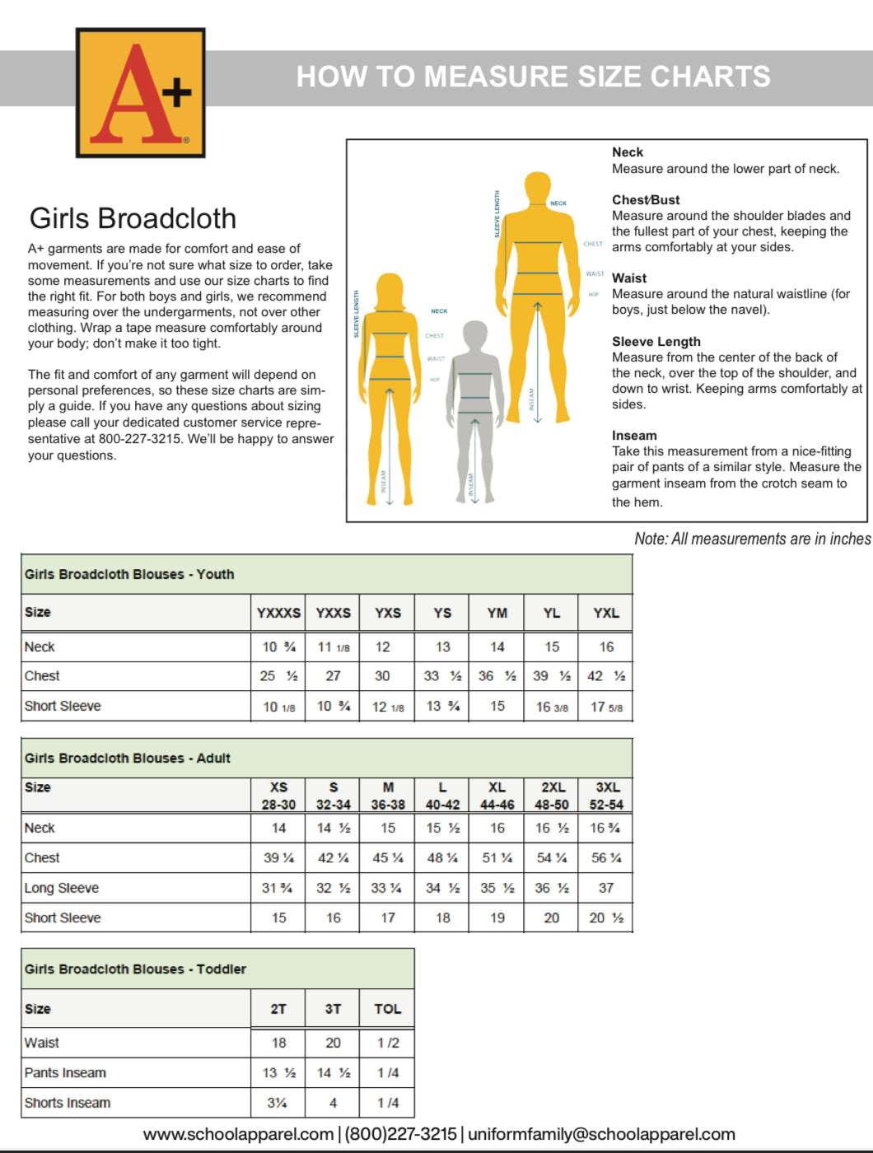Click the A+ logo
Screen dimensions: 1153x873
pyautogui.click(x=140, y=92)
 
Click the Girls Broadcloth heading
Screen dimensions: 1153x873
pyautogui.click(x=133, y=218)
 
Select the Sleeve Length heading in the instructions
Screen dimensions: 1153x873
pyautogui.click(x=656, y=342)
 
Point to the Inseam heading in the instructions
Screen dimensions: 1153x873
pyautogui.click(x=634, y=436)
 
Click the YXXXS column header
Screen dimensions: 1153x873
pyautogui.click(x=278, y=613)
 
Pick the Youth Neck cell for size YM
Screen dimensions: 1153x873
pyautogui.click(x=497, y=647)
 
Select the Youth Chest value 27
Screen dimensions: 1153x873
pyautogui.click(x=333, y=676)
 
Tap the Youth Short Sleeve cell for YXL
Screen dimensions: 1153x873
pyautogui.click(x=606, y=707)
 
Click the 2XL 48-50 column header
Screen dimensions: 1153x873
pyautogui.click(x=552, y=796)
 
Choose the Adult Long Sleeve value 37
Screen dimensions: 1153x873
pyautogui.click(x=606, y=888)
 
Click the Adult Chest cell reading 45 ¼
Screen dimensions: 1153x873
pyautogui.click(x=387, y=858)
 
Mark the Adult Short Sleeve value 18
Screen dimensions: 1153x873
pyautogui.click(x=442, y=917)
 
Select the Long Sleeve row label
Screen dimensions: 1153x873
pyautogui.click(x=62, y=888)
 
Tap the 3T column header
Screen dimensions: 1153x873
pyautogui.click(x=333, y=1009)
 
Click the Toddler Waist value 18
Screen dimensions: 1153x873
pyautogui.click(x=278, y=1043)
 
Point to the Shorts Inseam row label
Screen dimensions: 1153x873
pyautogui.click(x=68, y=1103)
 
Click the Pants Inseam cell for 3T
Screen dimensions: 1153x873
pyautogui.click(x=333, y=1073)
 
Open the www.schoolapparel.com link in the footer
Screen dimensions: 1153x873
pyautogui.click(x=238, y=1134)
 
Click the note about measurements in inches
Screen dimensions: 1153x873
pyautogui.click(x=752, y=539)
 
